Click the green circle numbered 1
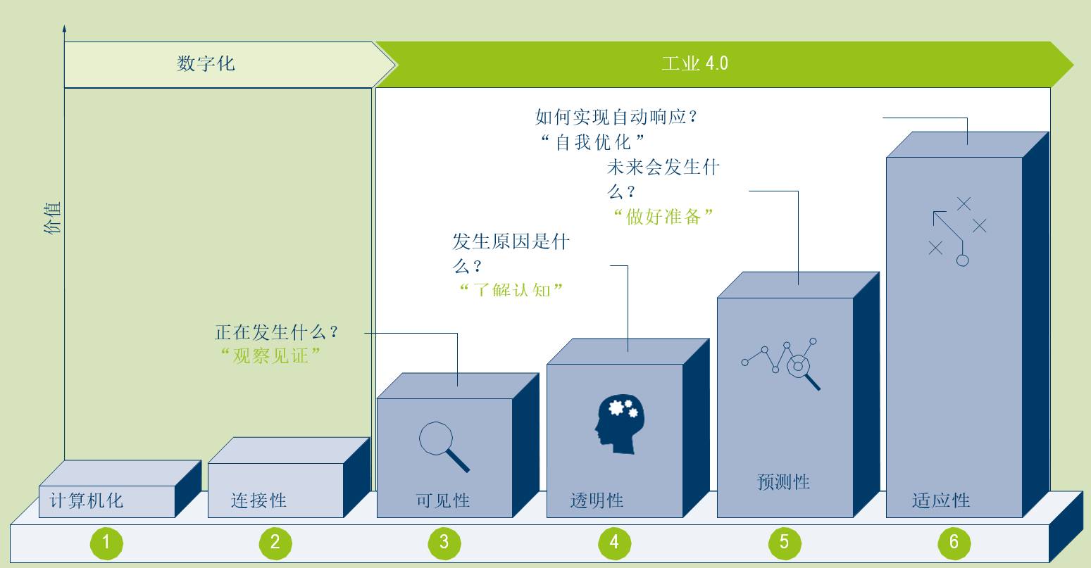point(106,542)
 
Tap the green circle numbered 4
point(614,542)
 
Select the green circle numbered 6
point(954,542)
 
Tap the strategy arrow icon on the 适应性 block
point(956,231)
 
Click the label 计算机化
point(87,501)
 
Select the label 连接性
point(258,501)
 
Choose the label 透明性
point(597,501)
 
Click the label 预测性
point(783,483)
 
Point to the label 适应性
point(941,501)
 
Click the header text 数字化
point(206,64)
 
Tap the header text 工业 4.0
point(694,64)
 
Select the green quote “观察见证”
point(271,356)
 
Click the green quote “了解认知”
point(511,289)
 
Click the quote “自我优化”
point(593,142)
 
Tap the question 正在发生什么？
point(277,332)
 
